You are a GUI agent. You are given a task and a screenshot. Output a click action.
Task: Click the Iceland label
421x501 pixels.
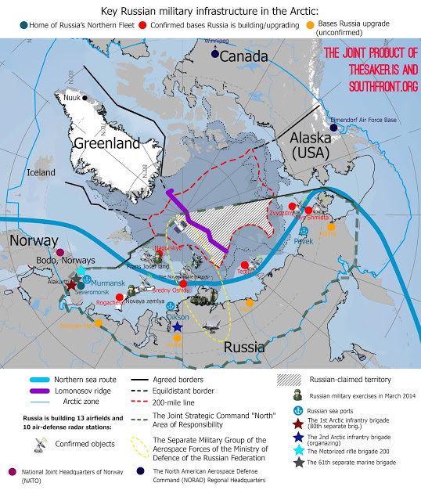[x=42, y=173]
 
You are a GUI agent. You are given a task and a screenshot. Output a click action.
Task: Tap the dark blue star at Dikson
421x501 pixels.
[x=178, y=327]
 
